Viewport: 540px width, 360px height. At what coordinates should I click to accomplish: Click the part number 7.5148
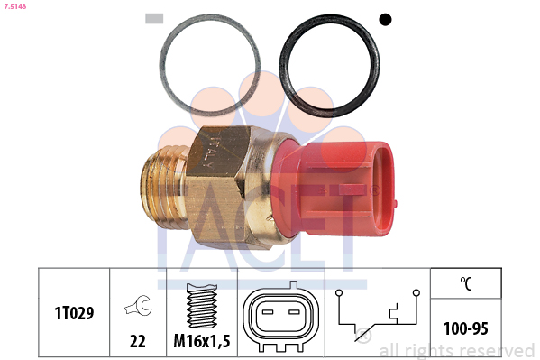point(15,6)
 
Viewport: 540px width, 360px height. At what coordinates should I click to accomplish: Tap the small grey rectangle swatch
point(154,19)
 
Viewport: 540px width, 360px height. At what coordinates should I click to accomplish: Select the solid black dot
point(385,19)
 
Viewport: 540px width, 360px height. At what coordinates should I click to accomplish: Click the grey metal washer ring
point(163,66)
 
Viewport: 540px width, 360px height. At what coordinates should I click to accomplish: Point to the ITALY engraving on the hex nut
point(211,152)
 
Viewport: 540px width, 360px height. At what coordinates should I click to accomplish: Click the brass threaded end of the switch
point(165,188)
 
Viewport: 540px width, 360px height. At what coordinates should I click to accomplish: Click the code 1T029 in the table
point(74,313)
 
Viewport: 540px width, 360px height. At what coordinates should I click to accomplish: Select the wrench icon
point(138,305)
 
